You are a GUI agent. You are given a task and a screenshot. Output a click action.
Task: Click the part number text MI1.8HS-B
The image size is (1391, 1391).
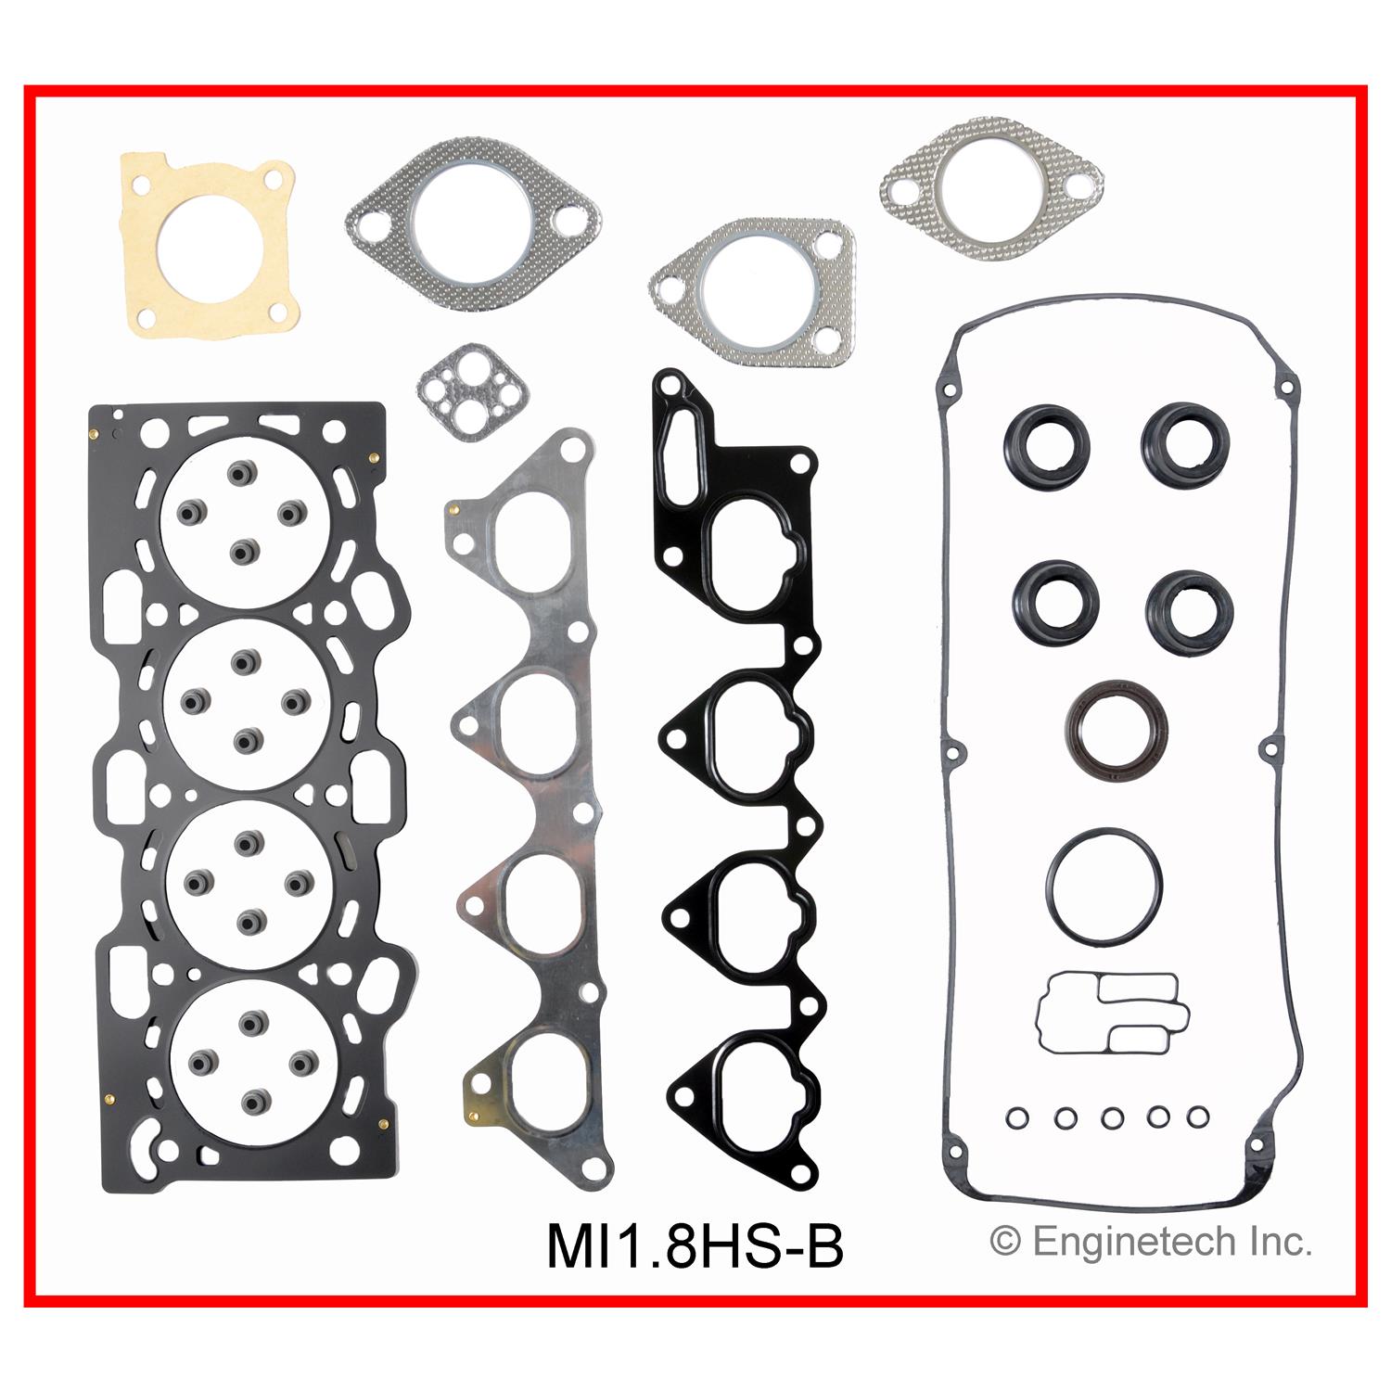tap(695, 1245)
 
